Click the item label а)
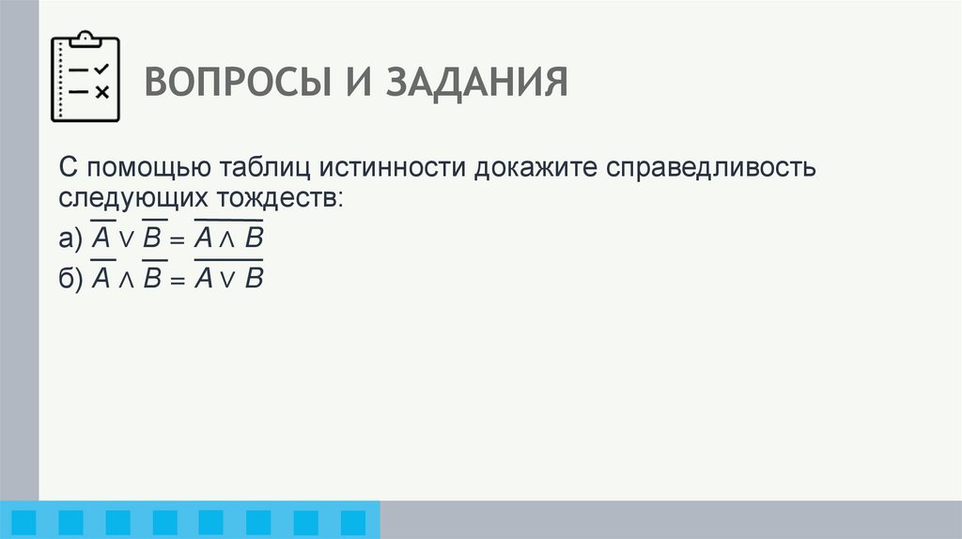[x=70, y=239]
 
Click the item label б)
[x=70, y=278]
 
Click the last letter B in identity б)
[x=253, y=278]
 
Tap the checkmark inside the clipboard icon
[x=102, y=69]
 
